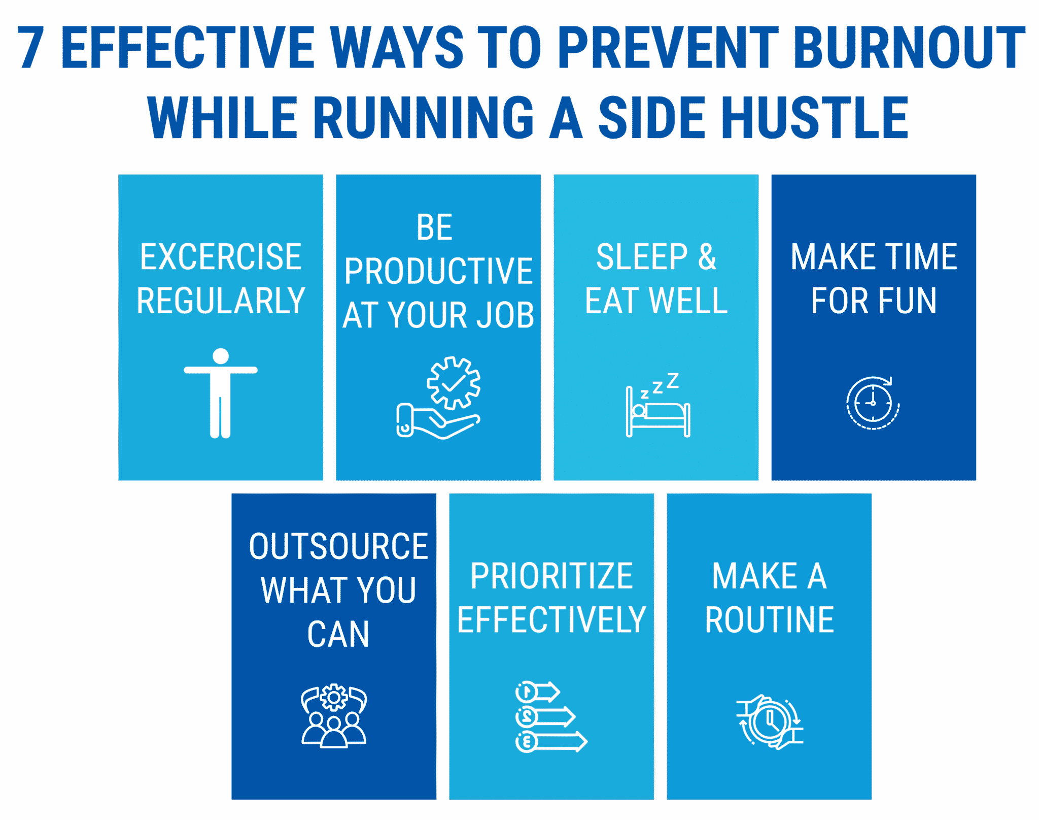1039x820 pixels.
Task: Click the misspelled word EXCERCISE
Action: [x=221, y=256]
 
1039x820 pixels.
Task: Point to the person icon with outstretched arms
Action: [x=221, y=392]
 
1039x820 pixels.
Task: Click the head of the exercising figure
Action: [x=221, y=355]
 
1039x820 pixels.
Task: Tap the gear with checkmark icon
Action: [x=454, y=383]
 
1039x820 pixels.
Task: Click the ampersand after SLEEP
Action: [x=707, y=256]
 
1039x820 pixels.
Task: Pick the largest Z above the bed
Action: [x=673, y=380]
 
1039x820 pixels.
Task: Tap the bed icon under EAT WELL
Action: [x=658, y=412]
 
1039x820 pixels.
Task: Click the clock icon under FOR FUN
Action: [x=873, y=403]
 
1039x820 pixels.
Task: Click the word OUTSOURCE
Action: [x=338, y=546]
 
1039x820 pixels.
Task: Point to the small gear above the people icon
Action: [x=334, y=698]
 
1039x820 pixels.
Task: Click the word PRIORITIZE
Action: [x=551, y=576]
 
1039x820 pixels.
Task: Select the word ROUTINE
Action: [x=770, y=620]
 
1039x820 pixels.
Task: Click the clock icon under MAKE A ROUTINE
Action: [x=770, y=721]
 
